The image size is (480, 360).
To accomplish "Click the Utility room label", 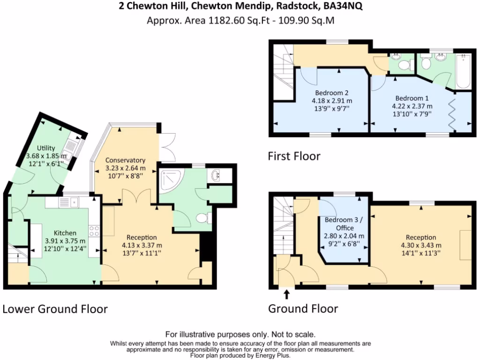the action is coord(46,148).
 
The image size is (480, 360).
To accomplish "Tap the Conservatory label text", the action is coord(125,160).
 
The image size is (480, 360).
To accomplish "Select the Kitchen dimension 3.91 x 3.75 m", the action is coord(65,241).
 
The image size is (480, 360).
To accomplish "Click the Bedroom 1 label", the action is coord(412,98).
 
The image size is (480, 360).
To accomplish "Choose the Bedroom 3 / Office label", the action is coord(345,224).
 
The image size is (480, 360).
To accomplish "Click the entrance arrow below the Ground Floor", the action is coord(286,294).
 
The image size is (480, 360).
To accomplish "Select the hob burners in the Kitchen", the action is coord(94,231).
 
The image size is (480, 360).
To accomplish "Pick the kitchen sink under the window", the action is coord(69,202).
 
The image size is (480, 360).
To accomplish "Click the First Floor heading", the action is coord(294,156).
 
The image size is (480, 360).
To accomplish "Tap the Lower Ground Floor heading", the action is coord(55,309).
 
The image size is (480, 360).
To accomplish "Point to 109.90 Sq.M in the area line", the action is coord(306,21).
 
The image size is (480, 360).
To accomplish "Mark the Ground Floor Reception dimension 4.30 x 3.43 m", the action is coord(421,245).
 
